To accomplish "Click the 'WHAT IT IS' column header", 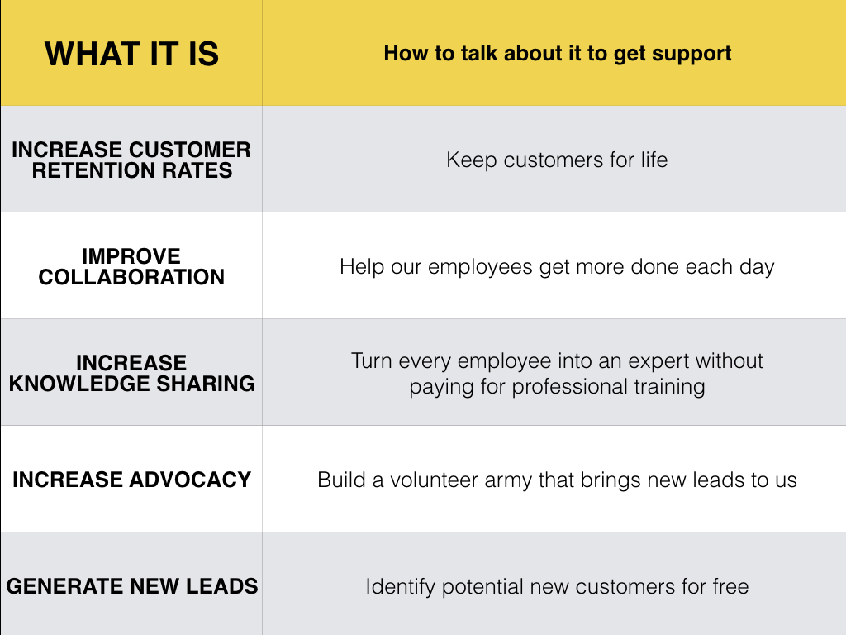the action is [x=131, y=54].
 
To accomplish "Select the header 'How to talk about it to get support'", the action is [x=558, y=54].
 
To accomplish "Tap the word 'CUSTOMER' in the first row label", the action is [x=190, y=150].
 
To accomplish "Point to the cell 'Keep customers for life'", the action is [x=557, y=160].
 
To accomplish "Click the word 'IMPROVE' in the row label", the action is [x=131, y=256].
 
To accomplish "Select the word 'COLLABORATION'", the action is [x=131, y=277].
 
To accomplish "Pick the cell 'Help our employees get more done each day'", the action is [x=557, y=267].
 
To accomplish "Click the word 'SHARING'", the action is [x=206, y=384].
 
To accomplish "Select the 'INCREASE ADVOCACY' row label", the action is [x=131, y=480].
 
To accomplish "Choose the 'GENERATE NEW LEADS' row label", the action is [x=132, y=586].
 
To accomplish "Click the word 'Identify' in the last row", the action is [x=401, y=587].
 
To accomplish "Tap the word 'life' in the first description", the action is [x=654, y=160].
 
